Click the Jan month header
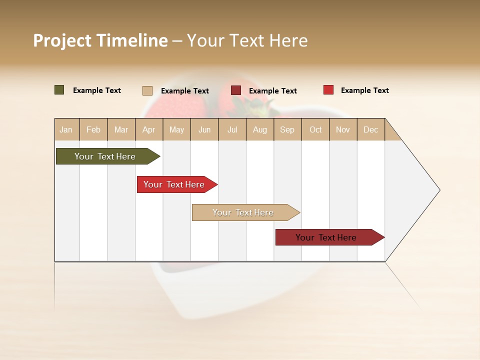tap(66, 129)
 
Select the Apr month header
tap(149, 129)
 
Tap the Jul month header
tap(232, 129)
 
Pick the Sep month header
tap(287, 129)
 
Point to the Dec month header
tap(370, 129)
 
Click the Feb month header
tap(93, 129)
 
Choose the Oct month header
tap(315, 129)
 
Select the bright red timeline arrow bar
tap(175, 184)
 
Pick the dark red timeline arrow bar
tap(327, 237)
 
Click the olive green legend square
tap(59, 90)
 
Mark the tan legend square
tap(147, 90)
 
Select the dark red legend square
tap(236, 90)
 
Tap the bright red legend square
tap(328, 90)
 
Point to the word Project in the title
tap(62, 40)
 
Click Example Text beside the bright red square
tap(364, 90)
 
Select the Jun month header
tap(204, 129)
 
